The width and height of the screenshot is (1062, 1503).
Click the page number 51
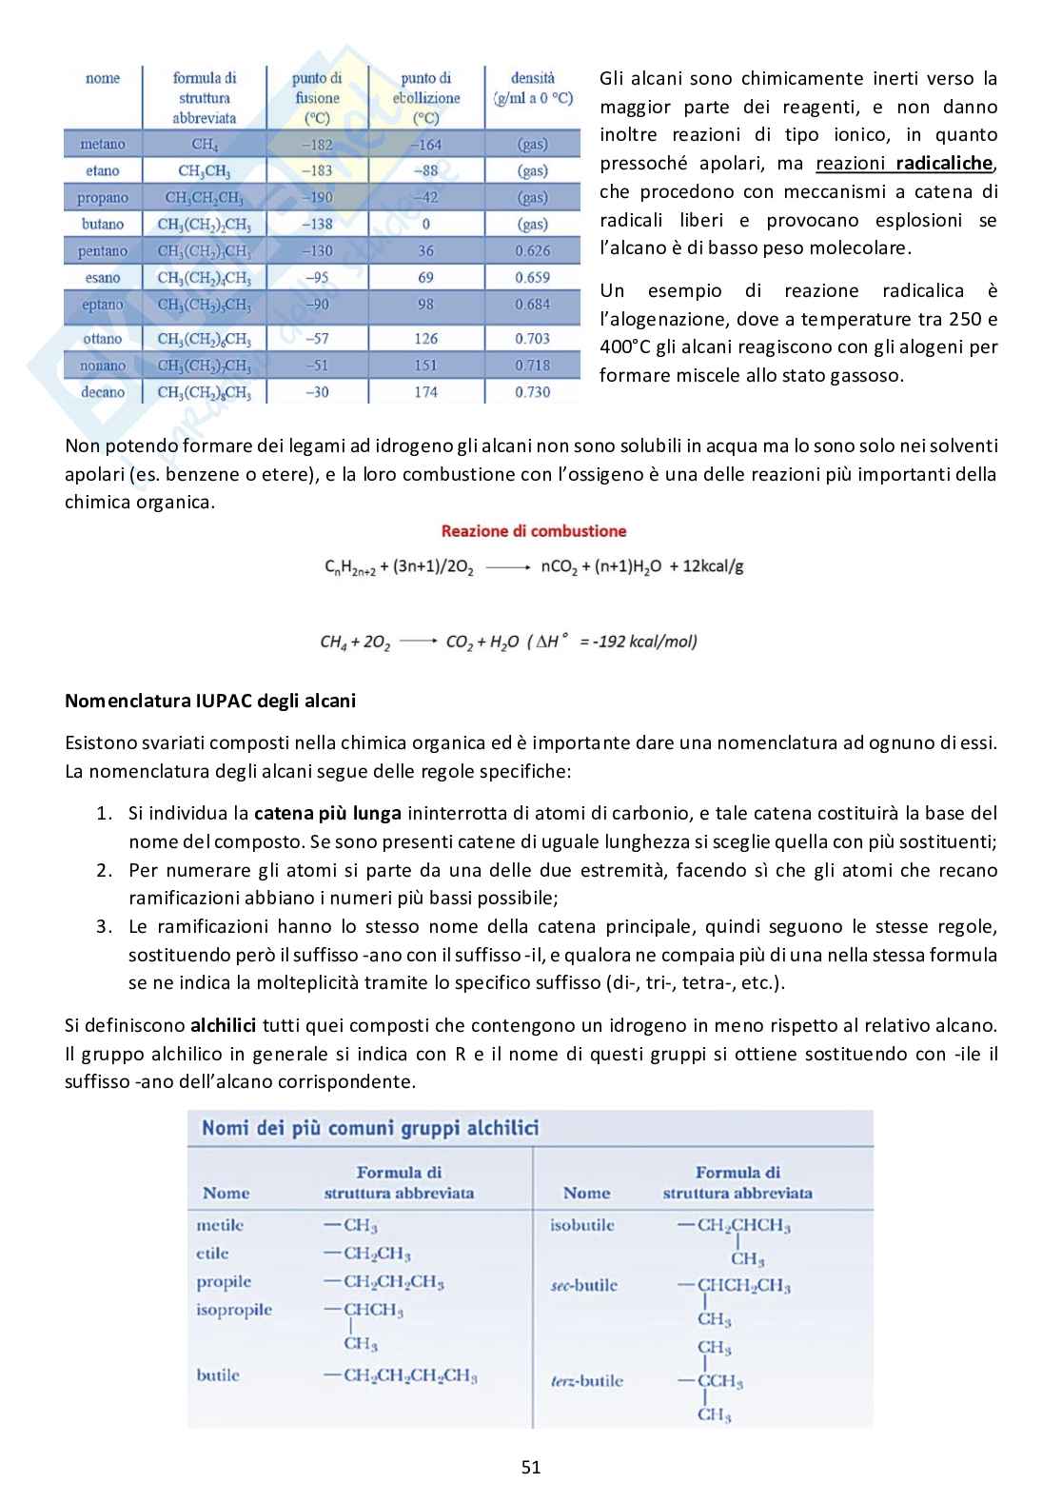coord(531,1467)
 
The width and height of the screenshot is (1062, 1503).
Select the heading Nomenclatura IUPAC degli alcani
coord(209,701)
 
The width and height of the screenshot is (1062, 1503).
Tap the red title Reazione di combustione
coord(534,531)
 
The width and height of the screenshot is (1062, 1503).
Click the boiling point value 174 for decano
coord(425,392)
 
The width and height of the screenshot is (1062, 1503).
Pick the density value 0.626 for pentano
coord(532,251)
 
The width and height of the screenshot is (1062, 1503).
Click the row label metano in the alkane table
coord(102,145)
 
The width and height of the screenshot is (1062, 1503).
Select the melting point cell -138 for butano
coord(317,225)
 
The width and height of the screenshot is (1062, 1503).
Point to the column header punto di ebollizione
coord(425,98)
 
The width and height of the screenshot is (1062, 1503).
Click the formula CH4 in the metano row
coord(205,145)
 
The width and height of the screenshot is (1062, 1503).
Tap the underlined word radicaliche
coord(945,163)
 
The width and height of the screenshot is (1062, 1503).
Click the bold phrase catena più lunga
coord(327,813)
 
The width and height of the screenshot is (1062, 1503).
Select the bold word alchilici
coord(223,1025)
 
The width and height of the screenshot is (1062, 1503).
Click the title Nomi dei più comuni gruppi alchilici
coord(370,1128)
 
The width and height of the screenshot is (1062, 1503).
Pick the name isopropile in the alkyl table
coord(234,1310)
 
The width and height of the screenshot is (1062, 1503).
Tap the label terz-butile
coord(587,1380)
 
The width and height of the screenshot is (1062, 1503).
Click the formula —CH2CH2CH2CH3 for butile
coord(401,1375)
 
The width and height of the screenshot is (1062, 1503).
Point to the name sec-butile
coord(583,1285)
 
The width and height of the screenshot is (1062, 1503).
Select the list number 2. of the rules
coord(105,870)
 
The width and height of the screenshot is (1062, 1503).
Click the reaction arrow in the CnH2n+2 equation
coord(507,567)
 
